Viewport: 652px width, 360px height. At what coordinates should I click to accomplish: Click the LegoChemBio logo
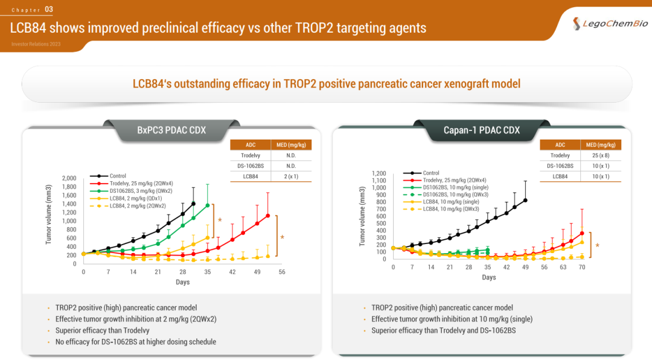click(610, 24)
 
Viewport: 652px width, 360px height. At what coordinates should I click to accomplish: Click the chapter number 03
click(49, 9)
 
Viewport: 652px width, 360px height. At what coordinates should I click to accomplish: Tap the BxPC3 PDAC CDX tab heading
click(171, 130)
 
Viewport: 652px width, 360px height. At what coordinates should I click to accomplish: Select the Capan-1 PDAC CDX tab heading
click(481, 130)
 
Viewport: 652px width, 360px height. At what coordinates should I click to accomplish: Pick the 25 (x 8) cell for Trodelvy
click(600, 155)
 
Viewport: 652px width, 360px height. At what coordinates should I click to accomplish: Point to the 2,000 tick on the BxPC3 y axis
click(69, 179)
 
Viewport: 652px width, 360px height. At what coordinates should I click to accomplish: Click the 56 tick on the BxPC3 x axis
click(281, 272)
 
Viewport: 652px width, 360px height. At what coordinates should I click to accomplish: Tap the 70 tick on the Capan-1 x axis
click(582, 267)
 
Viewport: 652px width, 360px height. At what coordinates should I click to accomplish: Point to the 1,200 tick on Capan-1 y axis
click(377, 173)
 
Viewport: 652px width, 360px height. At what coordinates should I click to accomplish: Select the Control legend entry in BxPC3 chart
click(117, 176)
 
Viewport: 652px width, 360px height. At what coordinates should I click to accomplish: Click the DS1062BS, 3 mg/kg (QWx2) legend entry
click(140, 191)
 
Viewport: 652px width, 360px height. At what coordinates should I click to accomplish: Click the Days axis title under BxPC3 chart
click(182, 282)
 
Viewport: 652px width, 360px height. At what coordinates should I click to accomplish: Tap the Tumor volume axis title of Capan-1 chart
click(362, 215)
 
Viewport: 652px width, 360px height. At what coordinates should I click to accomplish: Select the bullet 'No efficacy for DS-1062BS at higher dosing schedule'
click(135, 342)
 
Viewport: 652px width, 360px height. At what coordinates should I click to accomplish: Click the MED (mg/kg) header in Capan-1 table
click(600, 145)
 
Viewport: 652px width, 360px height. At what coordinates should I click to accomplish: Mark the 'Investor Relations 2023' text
click(36, 45)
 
